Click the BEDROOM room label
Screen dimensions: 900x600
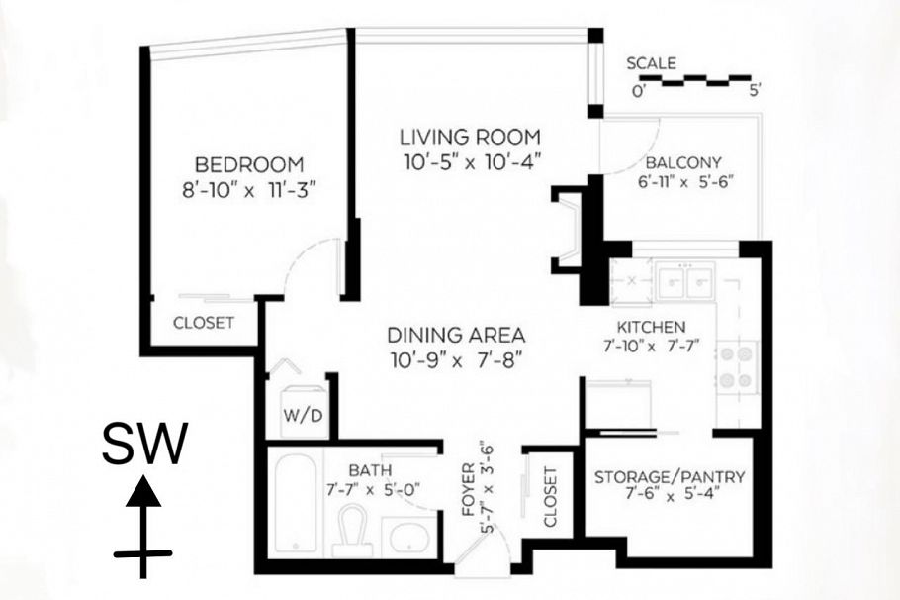249,165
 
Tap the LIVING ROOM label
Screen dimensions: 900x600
470,137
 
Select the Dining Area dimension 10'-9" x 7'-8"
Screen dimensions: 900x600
456,361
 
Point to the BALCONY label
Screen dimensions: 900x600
683,162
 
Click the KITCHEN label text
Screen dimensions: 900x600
651,327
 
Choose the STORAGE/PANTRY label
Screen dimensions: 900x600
670,477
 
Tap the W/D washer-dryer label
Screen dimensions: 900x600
303,416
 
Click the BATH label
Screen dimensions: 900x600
370,470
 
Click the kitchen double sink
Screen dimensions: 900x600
685,281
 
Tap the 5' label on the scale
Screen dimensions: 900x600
756,91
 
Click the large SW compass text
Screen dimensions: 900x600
144,444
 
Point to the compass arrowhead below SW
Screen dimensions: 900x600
143,492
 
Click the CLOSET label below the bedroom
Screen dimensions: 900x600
204,323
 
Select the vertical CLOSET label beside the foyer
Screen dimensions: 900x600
550,497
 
